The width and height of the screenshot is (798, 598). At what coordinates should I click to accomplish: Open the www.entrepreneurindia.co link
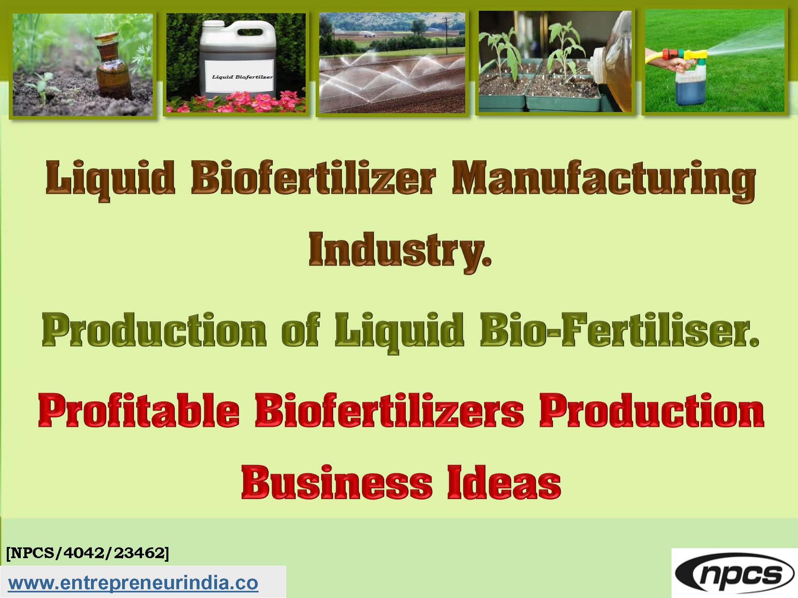[134, 583]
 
